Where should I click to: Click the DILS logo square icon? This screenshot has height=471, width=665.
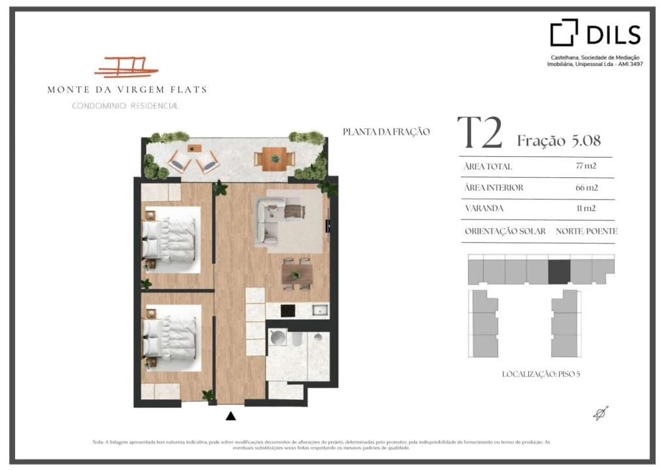pyautogui.click(x=564, y=32)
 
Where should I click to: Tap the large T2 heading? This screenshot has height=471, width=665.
pyautogui.click(x=480, y=132)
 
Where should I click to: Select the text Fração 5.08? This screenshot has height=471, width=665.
pyautogui.click(x=558, y=141)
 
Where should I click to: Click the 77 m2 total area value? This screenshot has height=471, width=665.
pyautogui.click(x=586, y=166)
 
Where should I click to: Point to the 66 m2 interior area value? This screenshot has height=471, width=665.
pyautogui.click(x=586, y=187)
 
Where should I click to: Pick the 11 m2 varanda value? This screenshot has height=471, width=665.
pyautogui.click(x=586, y=208)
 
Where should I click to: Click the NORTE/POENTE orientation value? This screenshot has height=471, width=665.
pyautogui.click(x=586, y=231)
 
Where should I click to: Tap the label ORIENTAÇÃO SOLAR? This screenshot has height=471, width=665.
pyautogui.click(x=505, y=231)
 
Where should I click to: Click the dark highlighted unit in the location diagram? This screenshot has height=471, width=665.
pyautogui.click(x=559, y=271)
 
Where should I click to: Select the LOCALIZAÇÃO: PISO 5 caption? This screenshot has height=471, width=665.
pyautogui.click(x=541, y=374)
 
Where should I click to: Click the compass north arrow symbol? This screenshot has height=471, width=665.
pyautogui.click(x=601, y=413)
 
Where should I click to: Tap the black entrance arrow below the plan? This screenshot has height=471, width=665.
pyautogui.click(x=230, y=416)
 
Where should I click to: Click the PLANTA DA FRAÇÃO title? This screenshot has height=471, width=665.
pyautogui.click(x=386, y=132)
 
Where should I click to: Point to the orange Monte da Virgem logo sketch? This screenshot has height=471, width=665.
pyautogui.click(x=126, y=67)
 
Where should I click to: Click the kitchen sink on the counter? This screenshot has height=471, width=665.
pyautogui.click(x=320, y=310)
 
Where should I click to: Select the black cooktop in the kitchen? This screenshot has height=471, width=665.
pyautogui.click(x=288, y=311)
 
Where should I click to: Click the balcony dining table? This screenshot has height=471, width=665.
pyautogui.click(x=274, y=159)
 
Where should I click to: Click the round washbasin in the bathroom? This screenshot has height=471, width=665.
pyautogui.click(x=278, y=338)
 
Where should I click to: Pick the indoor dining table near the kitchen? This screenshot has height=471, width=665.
pyautogui.click(x=297, y=274)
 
